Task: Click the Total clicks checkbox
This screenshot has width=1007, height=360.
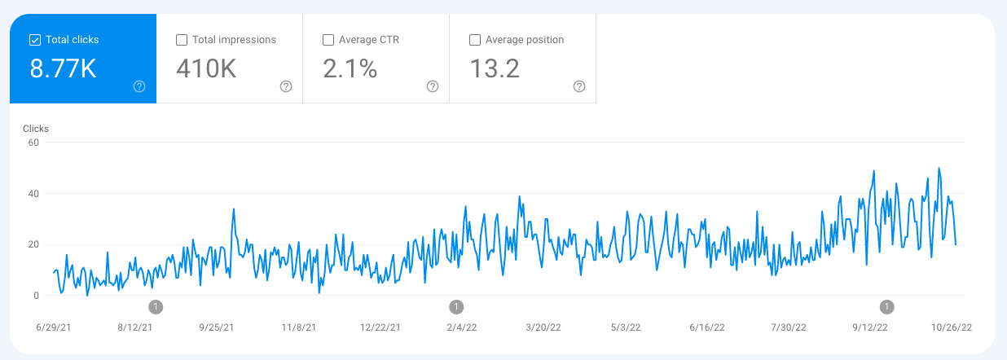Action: pos(34,40)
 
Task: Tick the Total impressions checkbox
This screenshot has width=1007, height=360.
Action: pos(182,40)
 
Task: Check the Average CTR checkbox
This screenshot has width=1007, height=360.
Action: pos(328,40)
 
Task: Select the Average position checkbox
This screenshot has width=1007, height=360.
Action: pos(475,40)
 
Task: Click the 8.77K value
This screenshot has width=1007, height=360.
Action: pos(63,69)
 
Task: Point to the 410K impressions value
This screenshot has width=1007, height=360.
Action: pos(206,69)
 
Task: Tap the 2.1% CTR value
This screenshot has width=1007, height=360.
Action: pos(350,69)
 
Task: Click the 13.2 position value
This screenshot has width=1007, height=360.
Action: pos(495,69)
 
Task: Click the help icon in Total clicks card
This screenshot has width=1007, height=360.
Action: pos(139,86)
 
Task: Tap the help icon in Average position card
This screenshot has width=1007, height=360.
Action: pos(579,86)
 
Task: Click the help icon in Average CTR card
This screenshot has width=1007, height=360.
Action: pos(433,86)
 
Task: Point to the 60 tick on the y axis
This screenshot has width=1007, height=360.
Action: pos(33,143)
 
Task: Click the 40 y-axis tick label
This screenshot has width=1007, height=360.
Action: pos(33,194)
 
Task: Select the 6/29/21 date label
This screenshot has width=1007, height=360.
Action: pos(55,327)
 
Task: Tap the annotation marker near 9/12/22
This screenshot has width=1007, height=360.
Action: pos(887,307)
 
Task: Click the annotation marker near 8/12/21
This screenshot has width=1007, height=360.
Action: pos(156,307)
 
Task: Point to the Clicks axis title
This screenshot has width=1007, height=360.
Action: pos(36,129)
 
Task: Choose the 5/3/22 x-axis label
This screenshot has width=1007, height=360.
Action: pos(625,327)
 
